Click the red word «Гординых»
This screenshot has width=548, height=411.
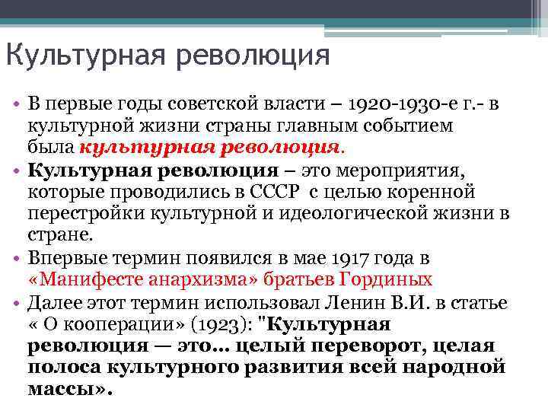click(x=389, y=279)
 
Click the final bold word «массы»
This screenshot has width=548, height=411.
click(x=67, y=389)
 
